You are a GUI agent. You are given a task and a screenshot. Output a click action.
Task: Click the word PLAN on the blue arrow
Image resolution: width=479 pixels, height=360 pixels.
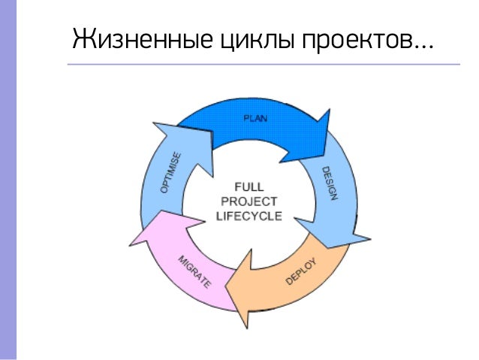(256, 118)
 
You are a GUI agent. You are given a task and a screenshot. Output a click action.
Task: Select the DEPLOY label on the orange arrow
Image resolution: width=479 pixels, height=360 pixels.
(302, 273)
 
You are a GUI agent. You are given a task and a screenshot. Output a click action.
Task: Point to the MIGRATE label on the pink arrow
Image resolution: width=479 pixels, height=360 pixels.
(194, 273)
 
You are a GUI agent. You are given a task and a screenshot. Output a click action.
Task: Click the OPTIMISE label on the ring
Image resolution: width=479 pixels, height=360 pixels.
(170, 173)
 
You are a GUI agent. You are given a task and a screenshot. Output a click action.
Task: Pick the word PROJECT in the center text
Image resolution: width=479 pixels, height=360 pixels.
(248, 201)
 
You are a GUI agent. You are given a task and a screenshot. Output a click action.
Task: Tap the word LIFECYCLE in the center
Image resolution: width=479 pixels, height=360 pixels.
(248, 216)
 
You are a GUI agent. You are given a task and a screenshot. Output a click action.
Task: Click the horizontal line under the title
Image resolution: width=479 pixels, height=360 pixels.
(263, 65)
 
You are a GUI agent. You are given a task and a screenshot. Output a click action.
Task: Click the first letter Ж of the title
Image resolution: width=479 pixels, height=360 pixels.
(80, 39)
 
